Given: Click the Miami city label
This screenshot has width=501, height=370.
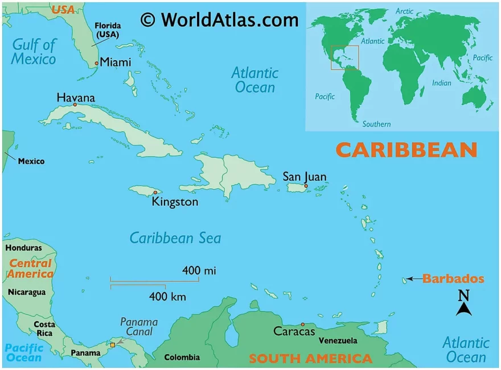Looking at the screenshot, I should click(116, 63).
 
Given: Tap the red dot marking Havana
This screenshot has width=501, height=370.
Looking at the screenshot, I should click(75, 105).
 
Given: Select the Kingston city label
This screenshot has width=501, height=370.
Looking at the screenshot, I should click(175, 202).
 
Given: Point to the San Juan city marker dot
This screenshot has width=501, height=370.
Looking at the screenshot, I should click(306, 186).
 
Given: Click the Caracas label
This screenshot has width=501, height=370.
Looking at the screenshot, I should click(294, 331).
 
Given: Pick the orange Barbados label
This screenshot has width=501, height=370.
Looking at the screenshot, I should click(453, 278).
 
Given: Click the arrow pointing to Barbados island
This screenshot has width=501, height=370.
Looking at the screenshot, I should click(414, 279).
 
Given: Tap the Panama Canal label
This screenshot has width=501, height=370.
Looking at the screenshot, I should click(139, 328).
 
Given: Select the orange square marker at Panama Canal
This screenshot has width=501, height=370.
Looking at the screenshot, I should click(113, 344).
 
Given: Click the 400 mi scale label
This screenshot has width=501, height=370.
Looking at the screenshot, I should click(199, 271).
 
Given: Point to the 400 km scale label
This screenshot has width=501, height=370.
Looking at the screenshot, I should click(167, 296).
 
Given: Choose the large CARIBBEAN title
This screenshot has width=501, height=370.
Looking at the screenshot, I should click(406, 149).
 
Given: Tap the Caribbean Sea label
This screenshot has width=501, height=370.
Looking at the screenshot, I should click(175, 238).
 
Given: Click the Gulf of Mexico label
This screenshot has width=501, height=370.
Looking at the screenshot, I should click(34, 51).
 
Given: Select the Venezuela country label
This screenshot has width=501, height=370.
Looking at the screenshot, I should click(338, 340).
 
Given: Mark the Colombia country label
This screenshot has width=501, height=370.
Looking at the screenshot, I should click(182, 357).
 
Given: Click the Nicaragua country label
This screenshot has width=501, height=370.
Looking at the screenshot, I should click(26, 292).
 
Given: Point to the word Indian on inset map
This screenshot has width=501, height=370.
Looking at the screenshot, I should click(441, 83).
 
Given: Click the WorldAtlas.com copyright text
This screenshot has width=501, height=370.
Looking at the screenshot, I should click(220, 20).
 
